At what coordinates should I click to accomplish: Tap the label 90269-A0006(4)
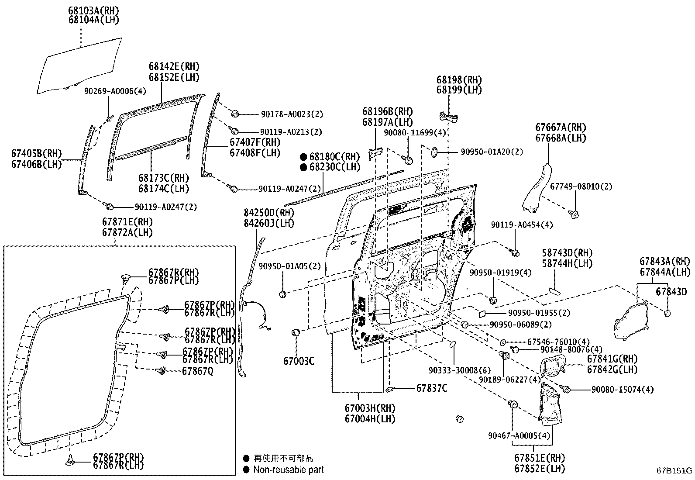tap(115, 91)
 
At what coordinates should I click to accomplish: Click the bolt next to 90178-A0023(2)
tap(234, 114)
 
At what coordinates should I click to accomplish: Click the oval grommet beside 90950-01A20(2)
tap(435, 152)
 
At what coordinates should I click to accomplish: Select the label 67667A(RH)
tap(561, 128)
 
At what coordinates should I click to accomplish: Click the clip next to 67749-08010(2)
tap(575, 214)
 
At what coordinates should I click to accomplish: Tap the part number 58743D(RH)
tap(567, 253)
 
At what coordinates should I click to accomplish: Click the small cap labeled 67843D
tap(667, 313)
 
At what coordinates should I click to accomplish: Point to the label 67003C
tap(299, 361)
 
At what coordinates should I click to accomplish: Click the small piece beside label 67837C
tap(391, 388)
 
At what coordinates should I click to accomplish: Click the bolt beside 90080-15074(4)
tap(566, 389)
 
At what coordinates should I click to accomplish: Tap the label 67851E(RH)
tap(539, 458)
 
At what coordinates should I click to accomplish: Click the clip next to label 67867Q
tap(161, 371)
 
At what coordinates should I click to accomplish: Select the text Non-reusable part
tap(289, 470)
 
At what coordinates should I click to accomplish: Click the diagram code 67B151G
tap(674, 471)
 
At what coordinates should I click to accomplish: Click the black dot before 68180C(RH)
tap(303, 157)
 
